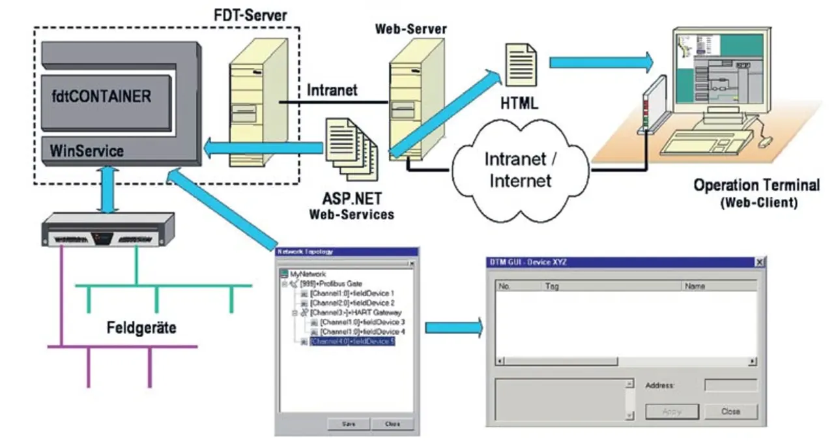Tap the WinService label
87,151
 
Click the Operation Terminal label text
756,185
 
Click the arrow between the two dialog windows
454,327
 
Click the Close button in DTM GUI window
730,411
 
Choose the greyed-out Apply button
672,411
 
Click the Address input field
730,385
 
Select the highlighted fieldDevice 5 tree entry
352,341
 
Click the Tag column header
553,286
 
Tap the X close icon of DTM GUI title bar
759,262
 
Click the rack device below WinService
107,230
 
